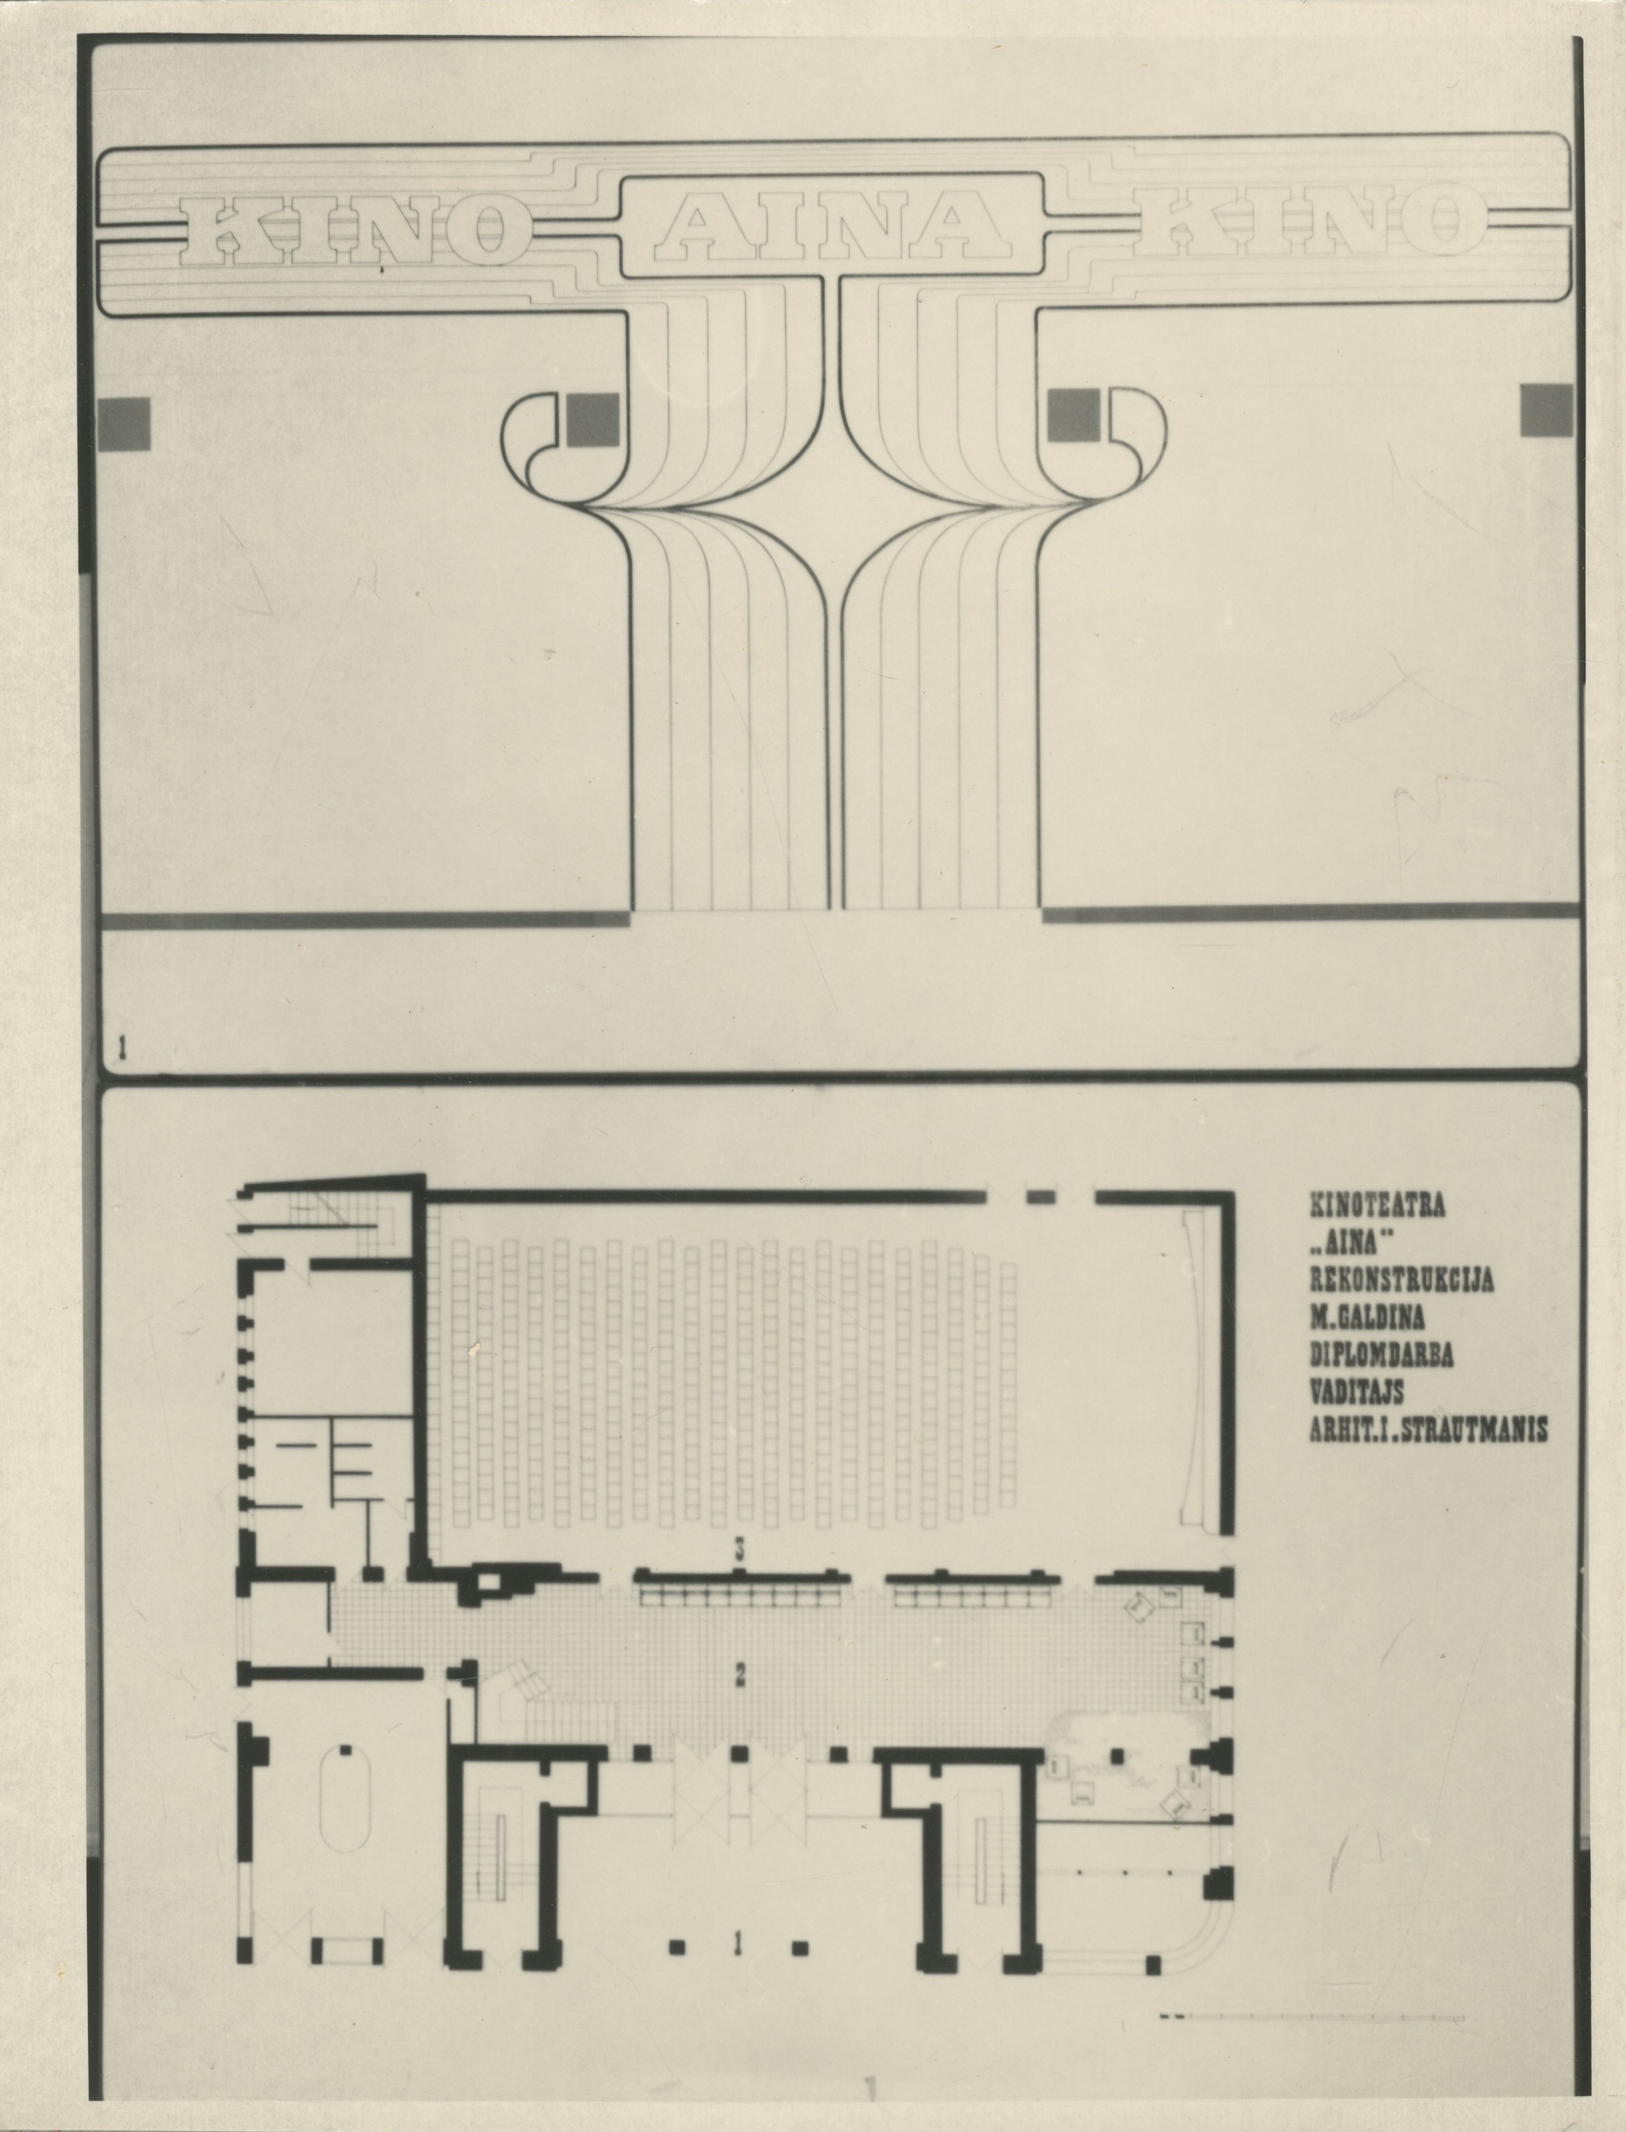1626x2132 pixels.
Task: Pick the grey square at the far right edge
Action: [x=1546, y=409]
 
